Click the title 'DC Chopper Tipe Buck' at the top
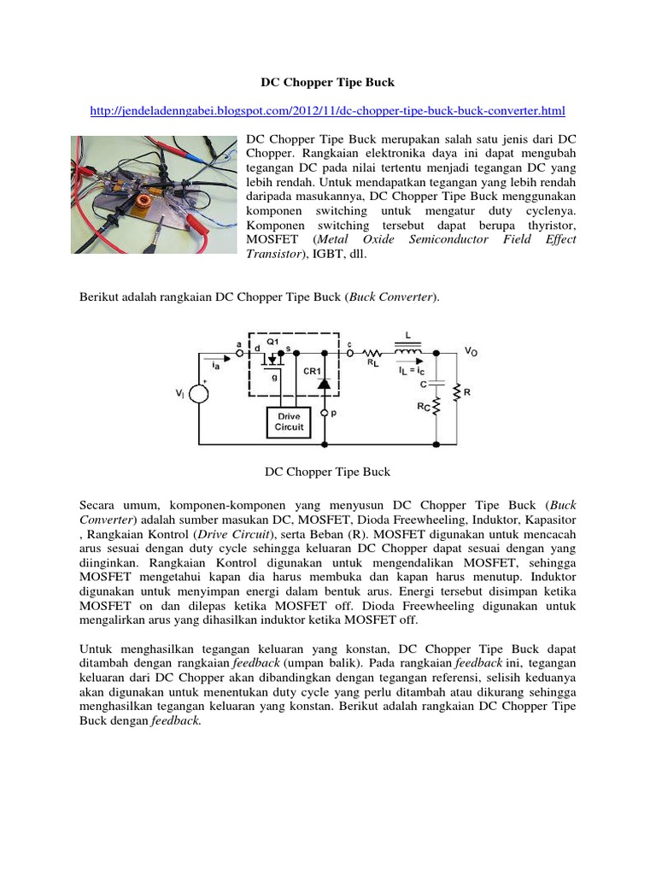tap(327, 83)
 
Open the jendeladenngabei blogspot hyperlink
tap(327, 111)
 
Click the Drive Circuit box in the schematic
tap(289, 421)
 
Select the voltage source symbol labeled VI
tap(198, 394)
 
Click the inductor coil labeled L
tap(407, 351)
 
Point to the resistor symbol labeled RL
tap(372, 351)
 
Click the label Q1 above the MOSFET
tap(272, 340)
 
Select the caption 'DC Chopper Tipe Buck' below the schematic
tap(327, 471)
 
